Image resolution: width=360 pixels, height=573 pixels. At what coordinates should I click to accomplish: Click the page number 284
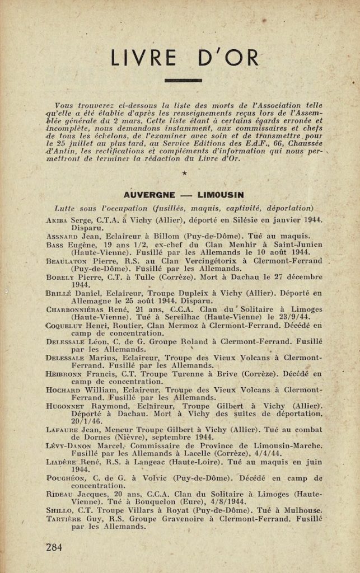[x=54, y=547]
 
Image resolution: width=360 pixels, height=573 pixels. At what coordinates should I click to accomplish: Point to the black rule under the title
[x=183, y=81]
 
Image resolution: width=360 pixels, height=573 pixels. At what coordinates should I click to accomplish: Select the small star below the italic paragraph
[x=183, y=174]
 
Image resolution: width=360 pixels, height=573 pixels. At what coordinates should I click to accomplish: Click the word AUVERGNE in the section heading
[x=151, y=195]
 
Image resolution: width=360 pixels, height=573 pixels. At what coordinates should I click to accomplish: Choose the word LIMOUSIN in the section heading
[x=220, y=195]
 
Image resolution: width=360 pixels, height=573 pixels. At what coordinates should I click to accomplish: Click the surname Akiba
[x=58, y=220]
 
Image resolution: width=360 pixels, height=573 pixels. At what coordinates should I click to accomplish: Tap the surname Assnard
[x=62, y=237]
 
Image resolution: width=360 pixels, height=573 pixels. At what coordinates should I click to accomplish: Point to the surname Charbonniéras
[x=74, y=309]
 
